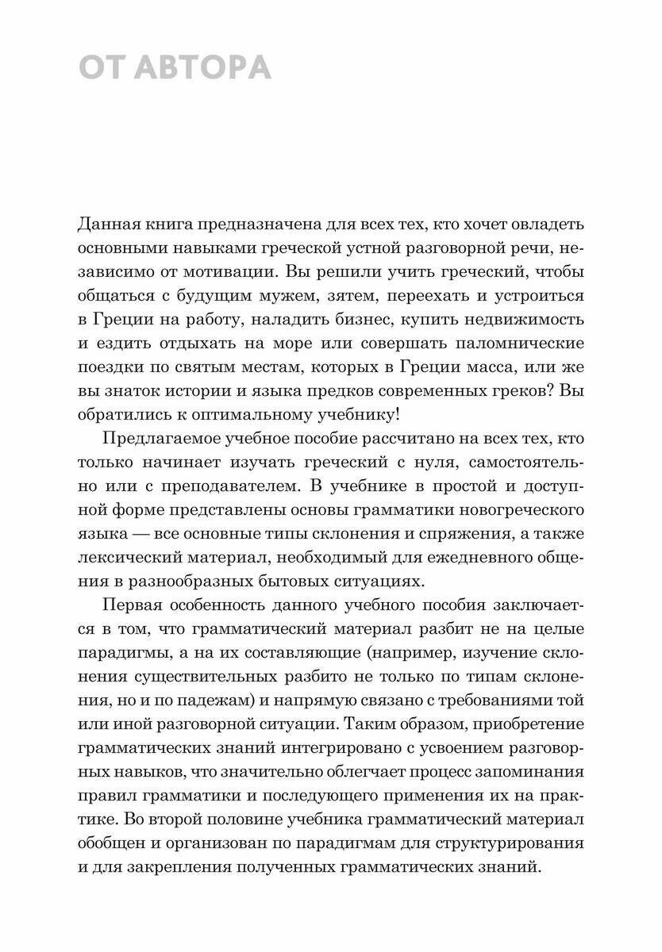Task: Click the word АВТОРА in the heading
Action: click(203, 69)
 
